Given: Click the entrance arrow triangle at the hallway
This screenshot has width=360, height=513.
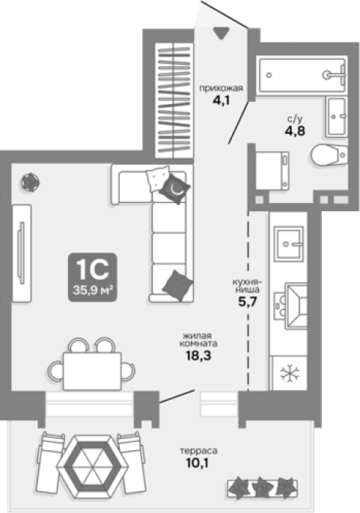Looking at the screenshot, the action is pyautogui.click(x=221, y=33).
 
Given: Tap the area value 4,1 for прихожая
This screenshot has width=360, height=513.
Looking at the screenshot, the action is pyautogui.click(x=222, y=100).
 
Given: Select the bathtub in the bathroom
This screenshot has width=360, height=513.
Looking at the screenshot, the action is pyautogui.click(x=302, y=75).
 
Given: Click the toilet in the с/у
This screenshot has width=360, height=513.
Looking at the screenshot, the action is pyautogui.click(x=329, y=155).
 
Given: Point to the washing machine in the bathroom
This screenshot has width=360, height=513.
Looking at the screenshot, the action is pyautogui.click(x=272, y=171).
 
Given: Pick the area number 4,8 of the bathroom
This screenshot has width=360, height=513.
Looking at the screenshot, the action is pyautogui.click(x=295, y=131).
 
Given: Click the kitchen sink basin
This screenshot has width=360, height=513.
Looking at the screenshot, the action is pyautogui.click(x=288, y=243).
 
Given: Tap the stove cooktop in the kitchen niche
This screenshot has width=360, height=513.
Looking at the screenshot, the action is pyautogui.click(x=290, y=306).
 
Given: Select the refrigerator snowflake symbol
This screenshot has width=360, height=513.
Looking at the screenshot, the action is pyautogui.click(x=290, y=373).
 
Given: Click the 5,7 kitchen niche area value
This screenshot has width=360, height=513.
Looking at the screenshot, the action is pyautogui.click(x=248, y=302).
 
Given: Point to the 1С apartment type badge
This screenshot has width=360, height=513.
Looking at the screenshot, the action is pyautogui.click(x=93, y=277).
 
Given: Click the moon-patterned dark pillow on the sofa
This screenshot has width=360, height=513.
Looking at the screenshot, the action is pyautogui.click(x=174, y=189).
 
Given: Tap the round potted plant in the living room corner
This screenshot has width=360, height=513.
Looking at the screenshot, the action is pyautogui.click(x=30, y=182).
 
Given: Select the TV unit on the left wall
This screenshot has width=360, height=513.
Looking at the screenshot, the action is pyautogui.click(x=22, y=253).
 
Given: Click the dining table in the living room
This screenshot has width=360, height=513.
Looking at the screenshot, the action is pyautogui.click(x=92, y=371).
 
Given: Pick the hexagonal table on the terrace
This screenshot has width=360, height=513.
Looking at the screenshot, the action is pyautogui.click(x=93, y=466).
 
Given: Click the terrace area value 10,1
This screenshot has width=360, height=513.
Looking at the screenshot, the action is pyautogui.click(x=197, y=463).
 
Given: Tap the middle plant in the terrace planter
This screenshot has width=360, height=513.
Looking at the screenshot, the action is pyautogui.click(x=262, y=487).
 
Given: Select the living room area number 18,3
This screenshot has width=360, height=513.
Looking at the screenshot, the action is pyautogui.click(x=198, y=355).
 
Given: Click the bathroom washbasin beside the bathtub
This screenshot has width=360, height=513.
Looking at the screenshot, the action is pyautogui.click(x=336, y=117).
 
